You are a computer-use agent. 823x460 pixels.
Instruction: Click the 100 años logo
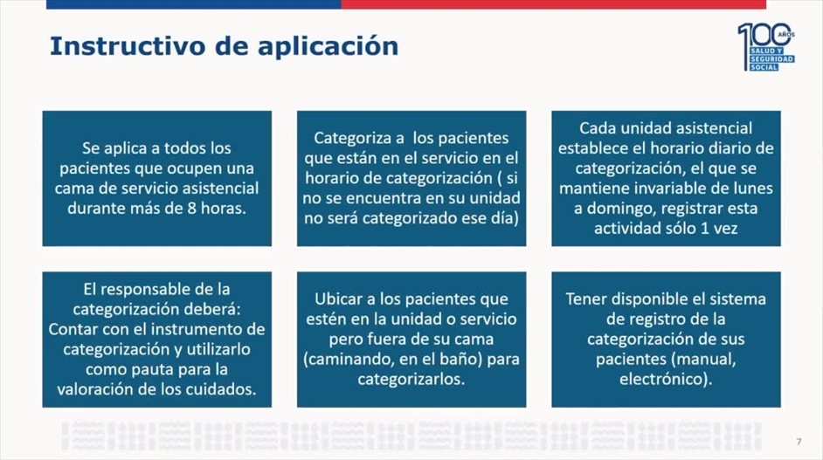(766, 46)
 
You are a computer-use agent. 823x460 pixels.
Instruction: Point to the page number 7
(799, 442)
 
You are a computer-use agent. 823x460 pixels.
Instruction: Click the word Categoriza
(355, 139)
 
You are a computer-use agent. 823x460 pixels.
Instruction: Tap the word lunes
(752, 189)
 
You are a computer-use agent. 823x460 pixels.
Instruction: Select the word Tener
(585, 299)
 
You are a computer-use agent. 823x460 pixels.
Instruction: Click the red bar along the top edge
(553, 4)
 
